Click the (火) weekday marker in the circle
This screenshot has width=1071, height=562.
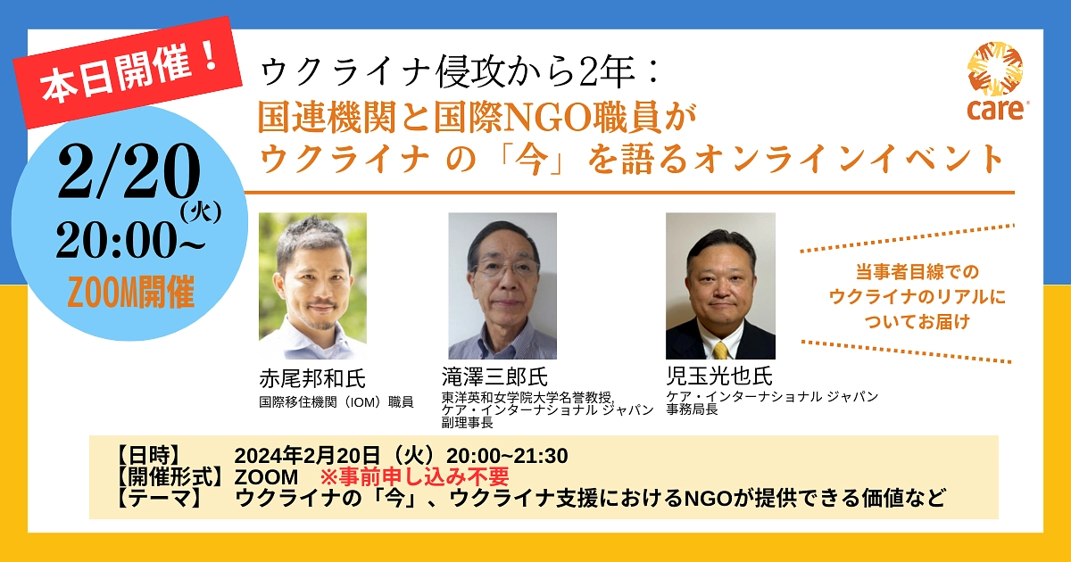pos(200,212)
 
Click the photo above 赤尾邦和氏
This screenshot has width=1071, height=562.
pos(312,285)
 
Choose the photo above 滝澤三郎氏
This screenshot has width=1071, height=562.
pos(502,285)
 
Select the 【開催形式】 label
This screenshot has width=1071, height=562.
pos(170,476)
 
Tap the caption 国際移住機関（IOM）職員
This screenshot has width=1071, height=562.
pos(336,402)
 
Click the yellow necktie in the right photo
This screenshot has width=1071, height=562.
pos(720,349)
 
